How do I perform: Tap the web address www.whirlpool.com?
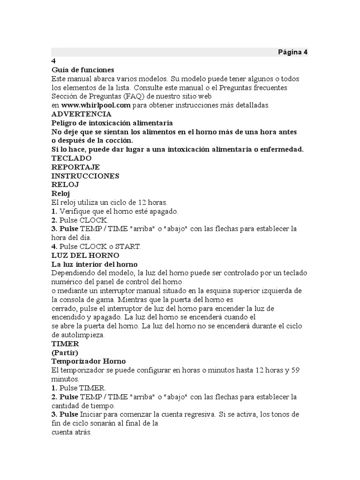96,105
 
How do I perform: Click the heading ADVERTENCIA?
81,114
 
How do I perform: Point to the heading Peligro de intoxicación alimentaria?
109,123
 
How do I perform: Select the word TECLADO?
71,158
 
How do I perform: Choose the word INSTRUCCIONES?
85,176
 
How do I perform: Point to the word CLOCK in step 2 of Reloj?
93,220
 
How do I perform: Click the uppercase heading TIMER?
65,344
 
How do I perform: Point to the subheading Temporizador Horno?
89,361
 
